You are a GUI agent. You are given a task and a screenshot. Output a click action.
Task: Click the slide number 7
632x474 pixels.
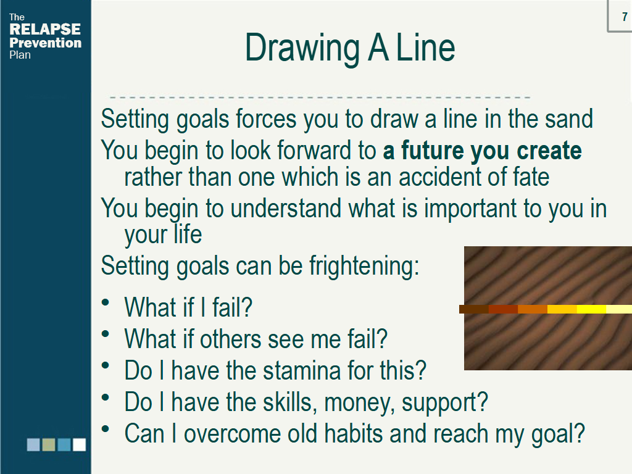click(625, 17)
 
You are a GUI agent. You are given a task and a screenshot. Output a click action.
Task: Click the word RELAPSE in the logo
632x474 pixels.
click(44, 29)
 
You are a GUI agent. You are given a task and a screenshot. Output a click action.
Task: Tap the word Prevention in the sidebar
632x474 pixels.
click(45, 43)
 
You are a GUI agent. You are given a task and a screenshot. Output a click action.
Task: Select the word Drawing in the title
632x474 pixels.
click(302, 48)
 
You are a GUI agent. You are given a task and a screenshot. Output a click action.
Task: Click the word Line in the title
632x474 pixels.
click(426, 48)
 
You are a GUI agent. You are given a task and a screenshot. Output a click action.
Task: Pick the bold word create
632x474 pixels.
click(549, 151)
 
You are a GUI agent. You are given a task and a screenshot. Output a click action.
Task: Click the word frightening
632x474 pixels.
click(364, 267)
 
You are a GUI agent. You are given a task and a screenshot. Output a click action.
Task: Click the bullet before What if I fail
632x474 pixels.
click(106, 302)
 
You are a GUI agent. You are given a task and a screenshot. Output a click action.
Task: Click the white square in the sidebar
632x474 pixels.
click(80, 444)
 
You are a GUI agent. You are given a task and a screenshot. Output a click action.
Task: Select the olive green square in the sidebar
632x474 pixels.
click(49, 444)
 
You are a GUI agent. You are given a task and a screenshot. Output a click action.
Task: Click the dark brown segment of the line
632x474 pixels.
click(474, 309)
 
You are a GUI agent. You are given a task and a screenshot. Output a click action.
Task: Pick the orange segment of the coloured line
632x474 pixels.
click(533, 309)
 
